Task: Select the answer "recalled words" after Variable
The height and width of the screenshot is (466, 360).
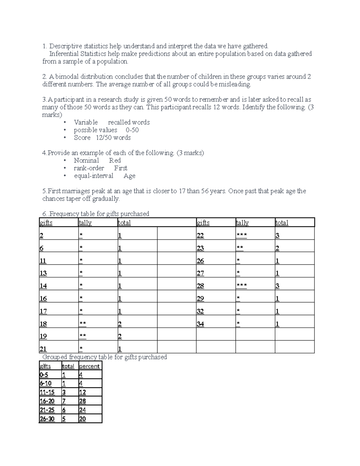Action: [129, 122]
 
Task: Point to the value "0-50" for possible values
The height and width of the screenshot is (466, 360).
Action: [132, 130]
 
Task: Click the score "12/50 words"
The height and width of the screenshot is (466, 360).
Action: [113, 138]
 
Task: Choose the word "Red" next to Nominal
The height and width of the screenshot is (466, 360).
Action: [115, 161]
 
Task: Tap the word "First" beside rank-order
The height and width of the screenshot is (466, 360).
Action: [121, 168]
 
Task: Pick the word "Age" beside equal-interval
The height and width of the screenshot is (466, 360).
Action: [129, 176]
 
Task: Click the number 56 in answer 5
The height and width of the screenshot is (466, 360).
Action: [205, 191]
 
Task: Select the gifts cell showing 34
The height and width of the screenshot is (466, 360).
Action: [200, 324]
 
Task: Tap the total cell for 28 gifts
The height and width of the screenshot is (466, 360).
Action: [277, 286]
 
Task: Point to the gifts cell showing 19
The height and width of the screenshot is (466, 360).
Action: [43, 336]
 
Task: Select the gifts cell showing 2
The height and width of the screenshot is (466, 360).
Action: [41, 236]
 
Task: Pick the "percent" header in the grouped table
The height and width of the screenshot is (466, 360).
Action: [89, 366]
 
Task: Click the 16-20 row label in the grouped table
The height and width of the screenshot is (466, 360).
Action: [47, 401]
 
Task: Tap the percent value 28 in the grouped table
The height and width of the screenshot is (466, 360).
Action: [82, 401]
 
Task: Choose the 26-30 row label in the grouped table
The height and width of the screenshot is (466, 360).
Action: [47, 419]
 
